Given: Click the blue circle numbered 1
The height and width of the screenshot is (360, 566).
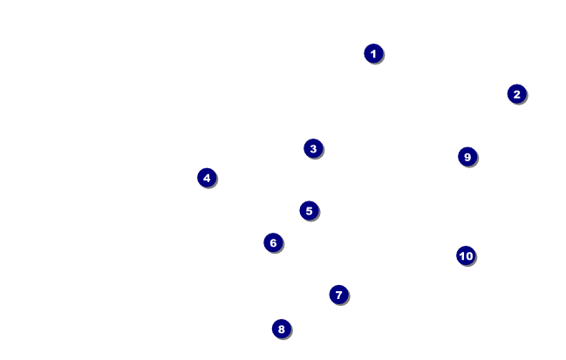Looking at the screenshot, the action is [x=373, y=54].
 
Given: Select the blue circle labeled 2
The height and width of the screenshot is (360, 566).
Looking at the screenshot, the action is [x=517, y=94].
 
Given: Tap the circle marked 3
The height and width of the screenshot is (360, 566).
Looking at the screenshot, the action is [x=313, y=148].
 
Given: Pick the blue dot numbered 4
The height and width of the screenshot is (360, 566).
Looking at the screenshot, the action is [x=207, y=178].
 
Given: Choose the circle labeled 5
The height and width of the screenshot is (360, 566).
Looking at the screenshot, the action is [x=310, y=211].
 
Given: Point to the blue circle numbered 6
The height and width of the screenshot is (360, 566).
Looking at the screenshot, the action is [x=273, y=243].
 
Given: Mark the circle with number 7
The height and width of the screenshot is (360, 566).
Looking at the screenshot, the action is [x=339, y=295].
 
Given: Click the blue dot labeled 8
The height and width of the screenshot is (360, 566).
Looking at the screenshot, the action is [x=282, y=329].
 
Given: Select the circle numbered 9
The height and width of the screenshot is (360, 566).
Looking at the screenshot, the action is [x=467, y=157].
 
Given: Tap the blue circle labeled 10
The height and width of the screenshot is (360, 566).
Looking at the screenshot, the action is [x=466, y=255].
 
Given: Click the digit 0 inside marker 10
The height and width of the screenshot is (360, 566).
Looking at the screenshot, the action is [x=469, y=256].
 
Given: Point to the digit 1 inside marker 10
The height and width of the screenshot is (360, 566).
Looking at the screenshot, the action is [x=462, y=256].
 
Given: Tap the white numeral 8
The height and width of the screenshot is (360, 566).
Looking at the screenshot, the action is [x=282, y=329].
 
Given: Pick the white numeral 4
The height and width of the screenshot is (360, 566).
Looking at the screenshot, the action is [x=207, y=178].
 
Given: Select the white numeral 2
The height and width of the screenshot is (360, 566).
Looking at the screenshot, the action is [x=517, y=94].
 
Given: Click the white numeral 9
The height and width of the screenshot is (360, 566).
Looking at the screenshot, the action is [x=467, y=157].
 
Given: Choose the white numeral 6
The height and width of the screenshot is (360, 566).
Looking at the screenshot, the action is [x=273, y=243].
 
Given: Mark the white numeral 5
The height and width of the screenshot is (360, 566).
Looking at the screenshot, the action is [x=310, y=211].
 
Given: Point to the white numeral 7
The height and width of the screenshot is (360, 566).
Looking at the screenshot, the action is [x=339, y=295].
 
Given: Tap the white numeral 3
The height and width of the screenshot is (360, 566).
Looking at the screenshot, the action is [x=313, y=148].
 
